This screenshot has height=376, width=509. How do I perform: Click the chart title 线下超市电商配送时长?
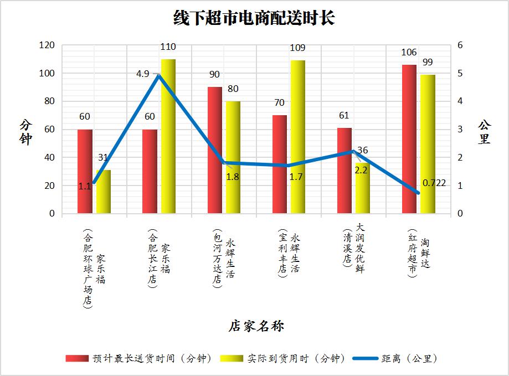point(254,19)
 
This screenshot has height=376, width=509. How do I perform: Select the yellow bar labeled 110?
point(168,136)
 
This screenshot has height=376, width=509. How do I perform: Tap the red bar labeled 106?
point(409,139)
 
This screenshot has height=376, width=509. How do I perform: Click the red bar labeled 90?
point(214,150)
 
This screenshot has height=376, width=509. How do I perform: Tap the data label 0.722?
point(434,183)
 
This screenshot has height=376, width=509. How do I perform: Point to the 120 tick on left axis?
point(47,45)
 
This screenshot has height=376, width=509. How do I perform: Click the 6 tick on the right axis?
point(460,45)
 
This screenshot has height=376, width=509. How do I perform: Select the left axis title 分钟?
point(26,132)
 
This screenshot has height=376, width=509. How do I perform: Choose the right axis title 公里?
point(484,132)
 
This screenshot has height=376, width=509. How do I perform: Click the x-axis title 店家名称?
point(256,326)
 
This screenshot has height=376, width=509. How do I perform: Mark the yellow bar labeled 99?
point(428,144)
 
